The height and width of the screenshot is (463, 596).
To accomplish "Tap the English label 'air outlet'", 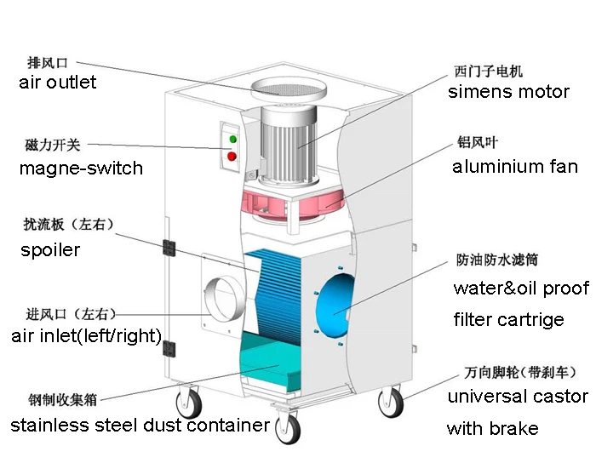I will [x=57, y=83].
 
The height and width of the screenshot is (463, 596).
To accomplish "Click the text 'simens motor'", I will [x=508, y=92].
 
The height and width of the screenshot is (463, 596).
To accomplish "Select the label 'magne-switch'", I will [x=81, y=168].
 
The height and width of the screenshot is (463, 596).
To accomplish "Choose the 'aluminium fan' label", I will [x=514, y=167].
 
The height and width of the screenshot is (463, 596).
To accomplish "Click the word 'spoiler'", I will [x=50, y=249].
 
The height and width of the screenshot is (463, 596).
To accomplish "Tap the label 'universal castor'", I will [x=518, y=397].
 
